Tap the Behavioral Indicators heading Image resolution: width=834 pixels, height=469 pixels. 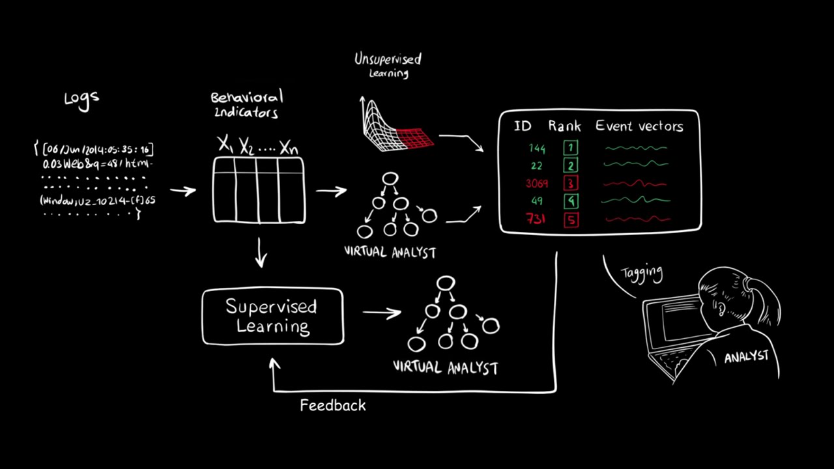pyautogui.click(x=247, y=105)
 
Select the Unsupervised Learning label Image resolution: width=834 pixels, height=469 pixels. pyautogui.click(x=388, y=64)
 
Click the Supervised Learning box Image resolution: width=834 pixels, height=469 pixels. pyautogui.click(x=272, y=317)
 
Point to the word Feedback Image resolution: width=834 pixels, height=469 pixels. pyautogui.click(x=333, y=406)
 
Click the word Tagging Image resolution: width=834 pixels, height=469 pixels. pyautogui.click(x=642, y=273)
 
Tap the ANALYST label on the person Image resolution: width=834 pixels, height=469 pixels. pyautogui.click(x=747, y=357)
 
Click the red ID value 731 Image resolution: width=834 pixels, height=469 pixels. pyautogui.click(x=536, y=219)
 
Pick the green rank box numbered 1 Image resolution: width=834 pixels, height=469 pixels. pyautogui.click(x=571, y=149)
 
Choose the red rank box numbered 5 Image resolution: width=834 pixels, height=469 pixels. pyautogui.click(x=571, y=220)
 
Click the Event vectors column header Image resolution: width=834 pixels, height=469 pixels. pyautogui.click(x=639, y=126)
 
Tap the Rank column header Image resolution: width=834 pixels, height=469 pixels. pyautogui.click(x=564, y=126)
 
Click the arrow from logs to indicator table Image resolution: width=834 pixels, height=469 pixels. pyautogui.click(x=182, y=191)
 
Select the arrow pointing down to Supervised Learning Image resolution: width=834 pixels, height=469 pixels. pyautogui.click(x=261, y=253)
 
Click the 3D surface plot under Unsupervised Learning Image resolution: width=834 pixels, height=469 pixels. pyautogui.click(x=395, y=126)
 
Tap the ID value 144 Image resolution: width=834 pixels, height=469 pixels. pyautogui.click(x=537, y=149)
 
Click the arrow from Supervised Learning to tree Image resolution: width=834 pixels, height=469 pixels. pyautogui.click(x=382, y=313)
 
